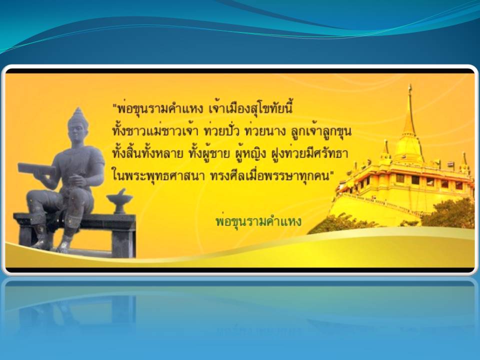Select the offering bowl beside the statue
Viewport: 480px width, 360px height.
(119, 201)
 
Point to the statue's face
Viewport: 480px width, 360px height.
(78, 132)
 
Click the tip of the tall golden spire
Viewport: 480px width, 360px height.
(409, 86)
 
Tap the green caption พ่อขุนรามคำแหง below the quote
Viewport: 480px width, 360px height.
(258, 221)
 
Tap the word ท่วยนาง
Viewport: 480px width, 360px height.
(265, 131)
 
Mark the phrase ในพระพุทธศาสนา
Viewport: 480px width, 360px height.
(158, 176)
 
